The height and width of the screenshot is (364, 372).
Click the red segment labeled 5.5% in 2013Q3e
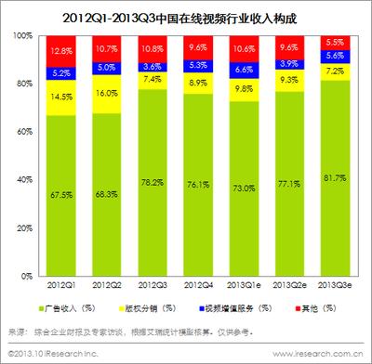tap(323, 42)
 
